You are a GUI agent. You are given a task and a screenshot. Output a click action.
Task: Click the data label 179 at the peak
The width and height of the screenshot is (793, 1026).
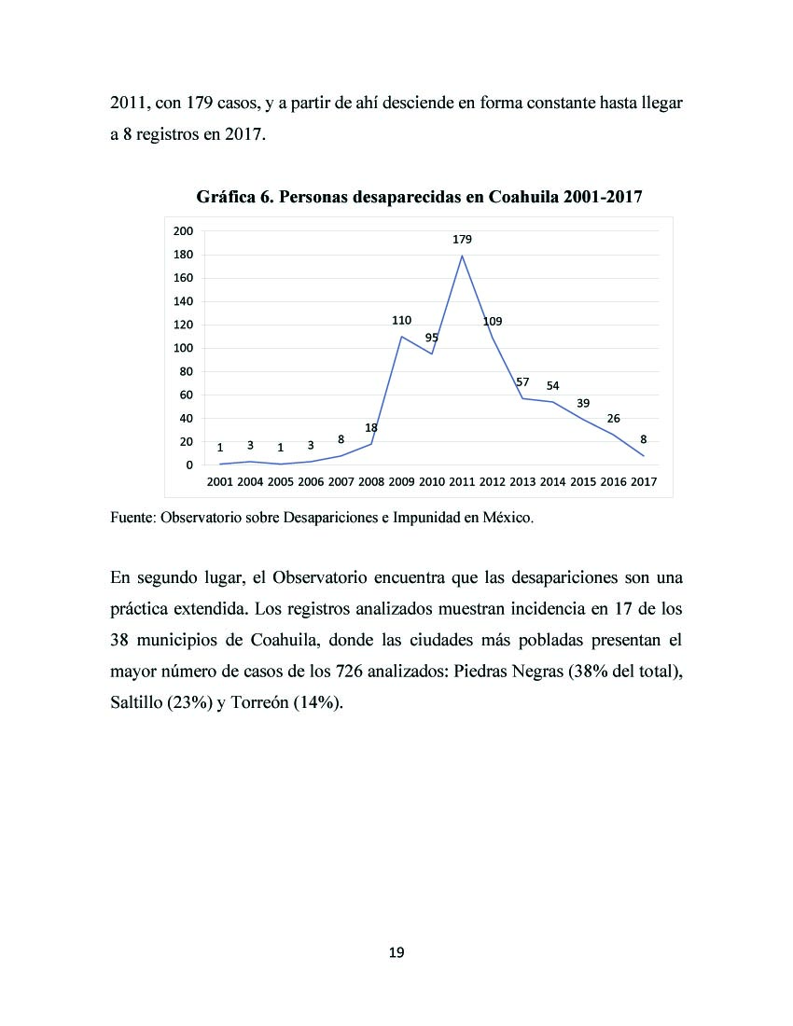click(x=462, y=240)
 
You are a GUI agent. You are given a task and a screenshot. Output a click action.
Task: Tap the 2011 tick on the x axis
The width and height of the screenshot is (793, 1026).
click(x=462, y=482)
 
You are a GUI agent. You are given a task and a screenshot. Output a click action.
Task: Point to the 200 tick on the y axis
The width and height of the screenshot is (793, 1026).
click(x=183, y=231)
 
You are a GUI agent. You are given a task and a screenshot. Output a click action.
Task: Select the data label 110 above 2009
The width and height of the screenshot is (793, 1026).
click(x=402, y=321)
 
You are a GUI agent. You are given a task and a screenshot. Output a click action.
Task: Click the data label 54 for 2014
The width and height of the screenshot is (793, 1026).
click(x=553, y=386)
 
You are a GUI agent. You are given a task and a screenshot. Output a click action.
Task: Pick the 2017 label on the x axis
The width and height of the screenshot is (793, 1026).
click(x=644, y=482)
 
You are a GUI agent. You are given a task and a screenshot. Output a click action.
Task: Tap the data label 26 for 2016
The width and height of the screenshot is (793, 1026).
click(x=613, y=419)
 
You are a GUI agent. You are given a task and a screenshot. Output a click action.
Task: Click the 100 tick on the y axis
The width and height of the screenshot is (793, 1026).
click(x=183, y=348)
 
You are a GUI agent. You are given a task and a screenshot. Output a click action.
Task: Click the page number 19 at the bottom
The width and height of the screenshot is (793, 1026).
click(x=396, y=952)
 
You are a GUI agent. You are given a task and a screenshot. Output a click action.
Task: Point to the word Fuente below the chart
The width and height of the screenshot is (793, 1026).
click(x=132, y=518)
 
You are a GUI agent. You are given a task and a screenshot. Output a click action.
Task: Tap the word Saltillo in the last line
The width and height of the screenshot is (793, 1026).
click(x=136, y=702)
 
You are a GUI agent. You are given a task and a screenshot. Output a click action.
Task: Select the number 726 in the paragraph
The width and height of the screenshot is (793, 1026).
click(x=350, y=672)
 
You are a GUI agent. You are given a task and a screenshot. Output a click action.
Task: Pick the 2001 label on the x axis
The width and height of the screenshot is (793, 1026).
click(x=220, y=482)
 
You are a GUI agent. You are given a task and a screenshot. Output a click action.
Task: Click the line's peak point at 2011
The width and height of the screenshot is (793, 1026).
click(x=462, y=256)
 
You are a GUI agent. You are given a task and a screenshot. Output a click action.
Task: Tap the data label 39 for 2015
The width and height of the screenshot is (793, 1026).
click(x=583, y=404)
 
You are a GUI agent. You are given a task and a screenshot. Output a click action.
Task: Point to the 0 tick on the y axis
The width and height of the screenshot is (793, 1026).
click(x=189, y=465)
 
